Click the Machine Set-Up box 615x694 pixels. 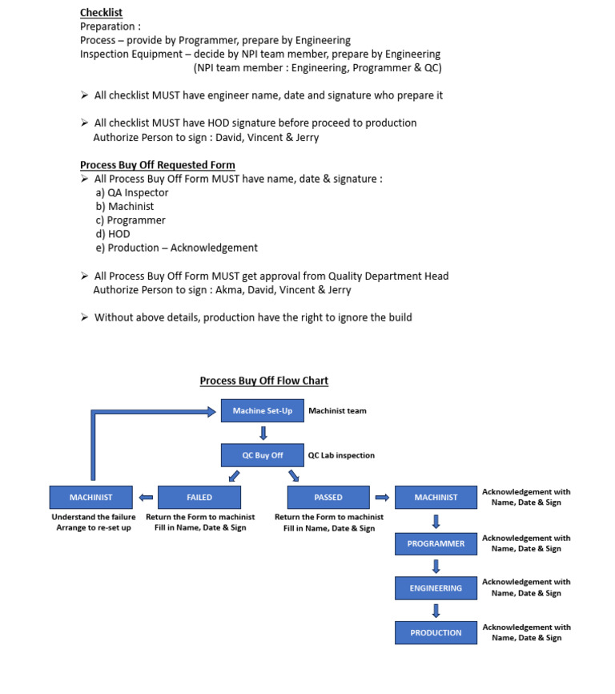262,411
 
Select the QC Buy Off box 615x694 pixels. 262,455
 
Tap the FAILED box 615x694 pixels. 199,498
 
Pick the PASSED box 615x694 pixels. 328,498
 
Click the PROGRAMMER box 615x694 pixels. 436,543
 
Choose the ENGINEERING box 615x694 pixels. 436,588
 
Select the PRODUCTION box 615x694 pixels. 436,632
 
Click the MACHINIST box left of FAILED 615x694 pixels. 90,498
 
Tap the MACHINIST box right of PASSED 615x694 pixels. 436,498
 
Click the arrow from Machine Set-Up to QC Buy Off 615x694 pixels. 263,434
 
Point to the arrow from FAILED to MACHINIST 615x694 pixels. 146,498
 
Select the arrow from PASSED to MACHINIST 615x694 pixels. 382,498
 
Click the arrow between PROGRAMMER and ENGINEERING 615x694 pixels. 436,566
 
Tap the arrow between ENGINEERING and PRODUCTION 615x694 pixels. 436,611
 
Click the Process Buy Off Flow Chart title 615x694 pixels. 263,381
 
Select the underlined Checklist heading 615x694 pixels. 101,13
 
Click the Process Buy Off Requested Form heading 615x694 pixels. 157,165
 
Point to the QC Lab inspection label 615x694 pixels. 341,455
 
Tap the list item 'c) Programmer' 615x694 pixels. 131,220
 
